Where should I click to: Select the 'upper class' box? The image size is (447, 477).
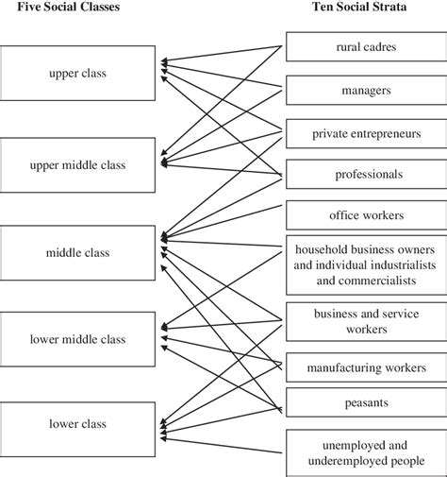(78, 72)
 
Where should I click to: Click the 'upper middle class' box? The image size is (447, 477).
(78, 165)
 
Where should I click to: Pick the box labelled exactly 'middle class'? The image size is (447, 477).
(78, 253)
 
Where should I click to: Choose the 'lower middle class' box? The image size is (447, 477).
(78, 339)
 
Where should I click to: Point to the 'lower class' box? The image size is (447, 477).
(78, 424)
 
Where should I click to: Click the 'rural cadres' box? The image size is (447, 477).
(366, 46)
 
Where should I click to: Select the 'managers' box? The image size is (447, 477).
(366, 90)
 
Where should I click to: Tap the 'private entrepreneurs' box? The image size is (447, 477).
(366, 133)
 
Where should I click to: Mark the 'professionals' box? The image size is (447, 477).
(366, 174)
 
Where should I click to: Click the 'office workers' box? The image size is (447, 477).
(366, 214)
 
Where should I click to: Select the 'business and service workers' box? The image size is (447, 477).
(366, 322)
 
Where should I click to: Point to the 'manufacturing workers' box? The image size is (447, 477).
(366, 367)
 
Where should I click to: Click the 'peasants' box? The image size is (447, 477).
(366, 401)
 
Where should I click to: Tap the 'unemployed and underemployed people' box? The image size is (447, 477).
(366, 452)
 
